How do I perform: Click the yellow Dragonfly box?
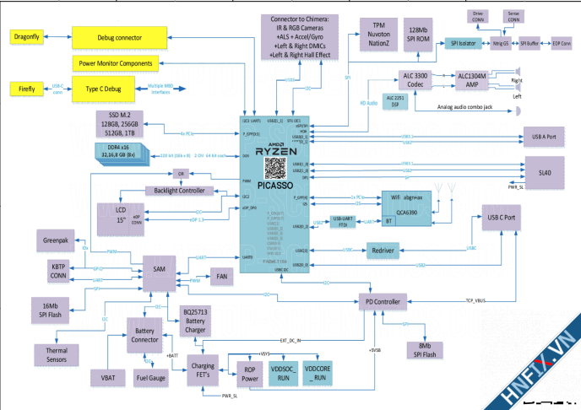pos(33,37)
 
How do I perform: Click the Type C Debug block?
pos(104,89)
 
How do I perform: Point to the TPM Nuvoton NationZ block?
pos(377,32)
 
